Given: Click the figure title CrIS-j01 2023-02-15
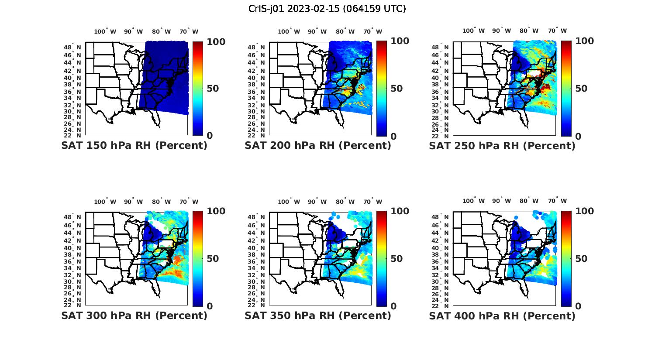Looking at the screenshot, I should [x=327, y=9].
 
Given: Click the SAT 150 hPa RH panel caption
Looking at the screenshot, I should [x=134, y=145].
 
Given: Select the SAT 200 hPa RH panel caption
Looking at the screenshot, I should [x=317, y=145].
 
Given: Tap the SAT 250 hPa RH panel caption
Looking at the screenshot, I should [x=502, y=146].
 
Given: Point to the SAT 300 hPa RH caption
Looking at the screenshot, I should [x=134, y=315].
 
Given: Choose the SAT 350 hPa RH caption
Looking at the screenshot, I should [x=317, y=315].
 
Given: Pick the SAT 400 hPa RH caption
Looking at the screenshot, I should [x=502, y=316].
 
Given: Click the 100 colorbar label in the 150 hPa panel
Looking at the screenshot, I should [x=216, y=41].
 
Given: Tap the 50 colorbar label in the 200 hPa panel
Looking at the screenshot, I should [x=396, y=89].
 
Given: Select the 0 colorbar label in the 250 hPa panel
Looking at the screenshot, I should [x=578, y=136].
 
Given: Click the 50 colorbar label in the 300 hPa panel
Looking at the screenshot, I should [x=213, y=259].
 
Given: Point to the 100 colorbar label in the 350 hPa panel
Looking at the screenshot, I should [x=400, y=211].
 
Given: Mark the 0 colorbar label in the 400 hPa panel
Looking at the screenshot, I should [x=578, y=306].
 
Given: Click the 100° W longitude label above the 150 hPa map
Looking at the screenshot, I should [x=105, y=31].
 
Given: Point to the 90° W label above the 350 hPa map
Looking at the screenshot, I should [x=317, y=202].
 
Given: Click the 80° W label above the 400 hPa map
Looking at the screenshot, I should [x=529, y=201].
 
